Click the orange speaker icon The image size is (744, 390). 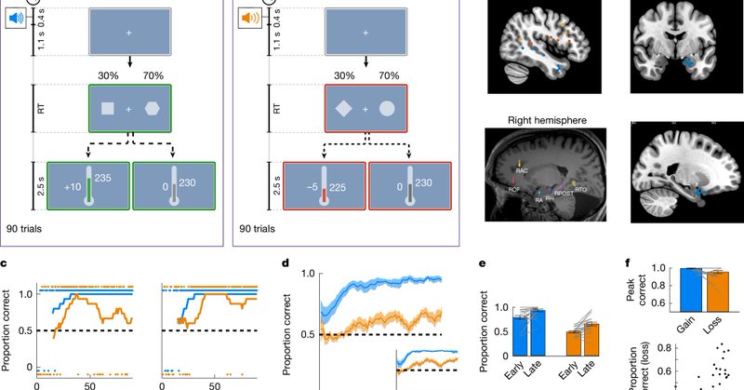249,19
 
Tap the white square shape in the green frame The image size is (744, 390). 108,110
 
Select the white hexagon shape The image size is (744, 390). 153,110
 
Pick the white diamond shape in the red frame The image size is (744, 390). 342,110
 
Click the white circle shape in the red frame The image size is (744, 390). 388,110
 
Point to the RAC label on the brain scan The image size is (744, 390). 522,171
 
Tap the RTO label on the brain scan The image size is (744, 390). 580,189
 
